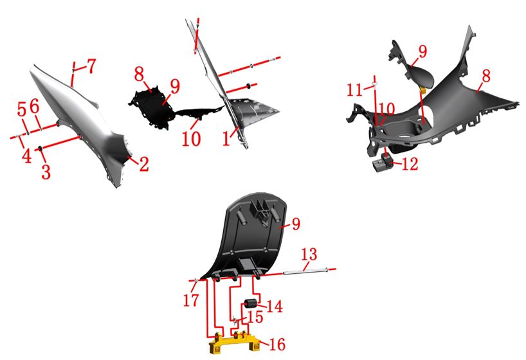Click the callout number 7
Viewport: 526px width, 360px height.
(91, 66)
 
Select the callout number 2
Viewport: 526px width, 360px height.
(144, 164)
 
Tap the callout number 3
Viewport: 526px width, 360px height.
(46, 172)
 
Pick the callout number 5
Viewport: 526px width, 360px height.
(22, 109)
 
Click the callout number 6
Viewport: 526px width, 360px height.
(35, 107)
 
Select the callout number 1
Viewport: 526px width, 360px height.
(226, 138)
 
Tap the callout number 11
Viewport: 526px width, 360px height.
(354, 90)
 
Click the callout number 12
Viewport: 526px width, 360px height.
(410, 164)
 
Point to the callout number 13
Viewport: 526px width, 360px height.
(309, 255)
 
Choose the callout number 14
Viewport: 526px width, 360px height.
(275, 306)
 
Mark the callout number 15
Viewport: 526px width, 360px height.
(255, 316)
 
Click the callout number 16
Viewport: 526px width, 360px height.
(277, 345)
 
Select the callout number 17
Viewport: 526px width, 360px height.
(191, 300)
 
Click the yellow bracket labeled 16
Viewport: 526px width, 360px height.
(235, 343)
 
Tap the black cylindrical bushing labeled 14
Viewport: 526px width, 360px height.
(250, 303)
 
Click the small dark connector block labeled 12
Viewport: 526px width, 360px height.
(383, 162)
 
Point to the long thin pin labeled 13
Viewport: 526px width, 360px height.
(305, 271)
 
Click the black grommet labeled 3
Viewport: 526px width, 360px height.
(41, 148)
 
